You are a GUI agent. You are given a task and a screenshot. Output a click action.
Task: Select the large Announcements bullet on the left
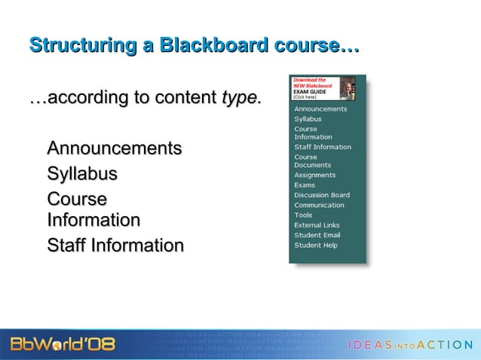click(114, 148)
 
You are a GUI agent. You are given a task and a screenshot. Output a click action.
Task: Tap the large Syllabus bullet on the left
click(82, 174)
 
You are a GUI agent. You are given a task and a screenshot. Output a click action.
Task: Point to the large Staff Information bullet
click(115, 246)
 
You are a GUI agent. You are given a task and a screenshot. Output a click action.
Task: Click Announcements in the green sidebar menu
click(320, 108)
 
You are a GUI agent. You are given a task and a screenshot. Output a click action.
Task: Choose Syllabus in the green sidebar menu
click(308, 119)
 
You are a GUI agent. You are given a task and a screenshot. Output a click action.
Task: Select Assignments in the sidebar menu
click(314, 175)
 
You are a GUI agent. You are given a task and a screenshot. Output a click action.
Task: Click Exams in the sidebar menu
click(305, 185)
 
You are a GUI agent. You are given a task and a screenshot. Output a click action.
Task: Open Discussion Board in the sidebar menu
click(321, 195)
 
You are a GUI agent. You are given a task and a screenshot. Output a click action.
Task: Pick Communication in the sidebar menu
click(319, 205)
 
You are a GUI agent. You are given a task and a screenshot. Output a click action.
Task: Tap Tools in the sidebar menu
click(303, 215)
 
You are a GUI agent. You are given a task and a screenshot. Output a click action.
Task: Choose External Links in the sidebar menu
click(317, 225)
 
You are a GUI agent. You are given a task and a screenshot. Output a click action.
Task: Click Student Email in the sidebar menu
click(317, 235)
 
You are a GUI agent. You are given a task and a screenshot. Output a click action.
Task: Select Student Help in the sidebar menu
click(316, 245)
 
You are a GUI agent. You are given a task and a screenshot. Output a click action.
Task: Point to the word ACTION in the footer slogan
click(445, 345)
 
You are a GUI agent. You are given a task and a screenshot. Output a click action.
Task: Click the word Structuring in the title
click(79, 45)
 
